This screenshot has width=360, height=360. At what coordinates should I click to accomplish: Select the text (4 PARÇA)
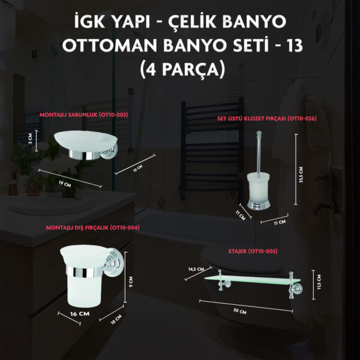pos(182,69)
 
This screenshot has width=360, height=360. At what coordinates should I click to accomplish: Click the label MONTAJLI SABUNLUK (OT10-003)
pos(83,115)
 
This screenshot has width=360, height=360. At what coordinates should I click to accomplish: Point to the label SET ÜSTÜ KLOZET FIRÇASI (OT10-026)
pos(267,118)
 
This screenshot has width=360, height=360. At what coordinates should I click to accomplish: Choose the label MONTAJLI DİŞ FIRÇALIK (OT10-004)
pos(93,227)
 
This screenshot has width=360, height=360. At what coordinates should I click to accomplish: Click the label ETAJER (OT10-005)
pos(253,251)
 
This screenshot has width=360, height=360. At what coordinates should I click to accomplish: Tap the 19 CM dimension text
pos(65,183)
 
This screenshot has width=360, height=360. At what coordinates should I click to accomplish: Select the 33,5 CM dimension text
pos(301,175)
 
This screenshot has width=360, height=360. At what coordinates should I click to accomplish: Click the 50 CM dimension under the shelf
pos(239,311)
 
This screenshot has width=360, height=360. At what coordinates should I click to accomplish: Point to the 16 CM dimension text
pos(80,314)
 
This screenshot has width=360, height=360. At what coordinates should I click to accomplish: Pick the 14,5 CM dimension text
pos(196,269)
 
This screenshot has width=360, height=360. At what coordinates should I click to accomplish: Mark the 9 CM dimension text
pos(131,282)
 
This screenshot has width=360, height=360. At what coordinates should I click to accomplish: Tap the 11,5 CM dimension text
pos(319,282)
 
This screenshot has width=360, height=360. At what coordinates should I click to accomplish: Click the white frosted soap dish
pos(85,141)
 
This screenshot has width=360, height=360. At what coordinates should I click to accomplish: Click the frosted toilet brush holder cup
pos(258,188)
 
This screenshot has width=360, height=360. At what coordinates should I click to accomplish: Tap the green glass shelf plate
pos(252,280)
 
